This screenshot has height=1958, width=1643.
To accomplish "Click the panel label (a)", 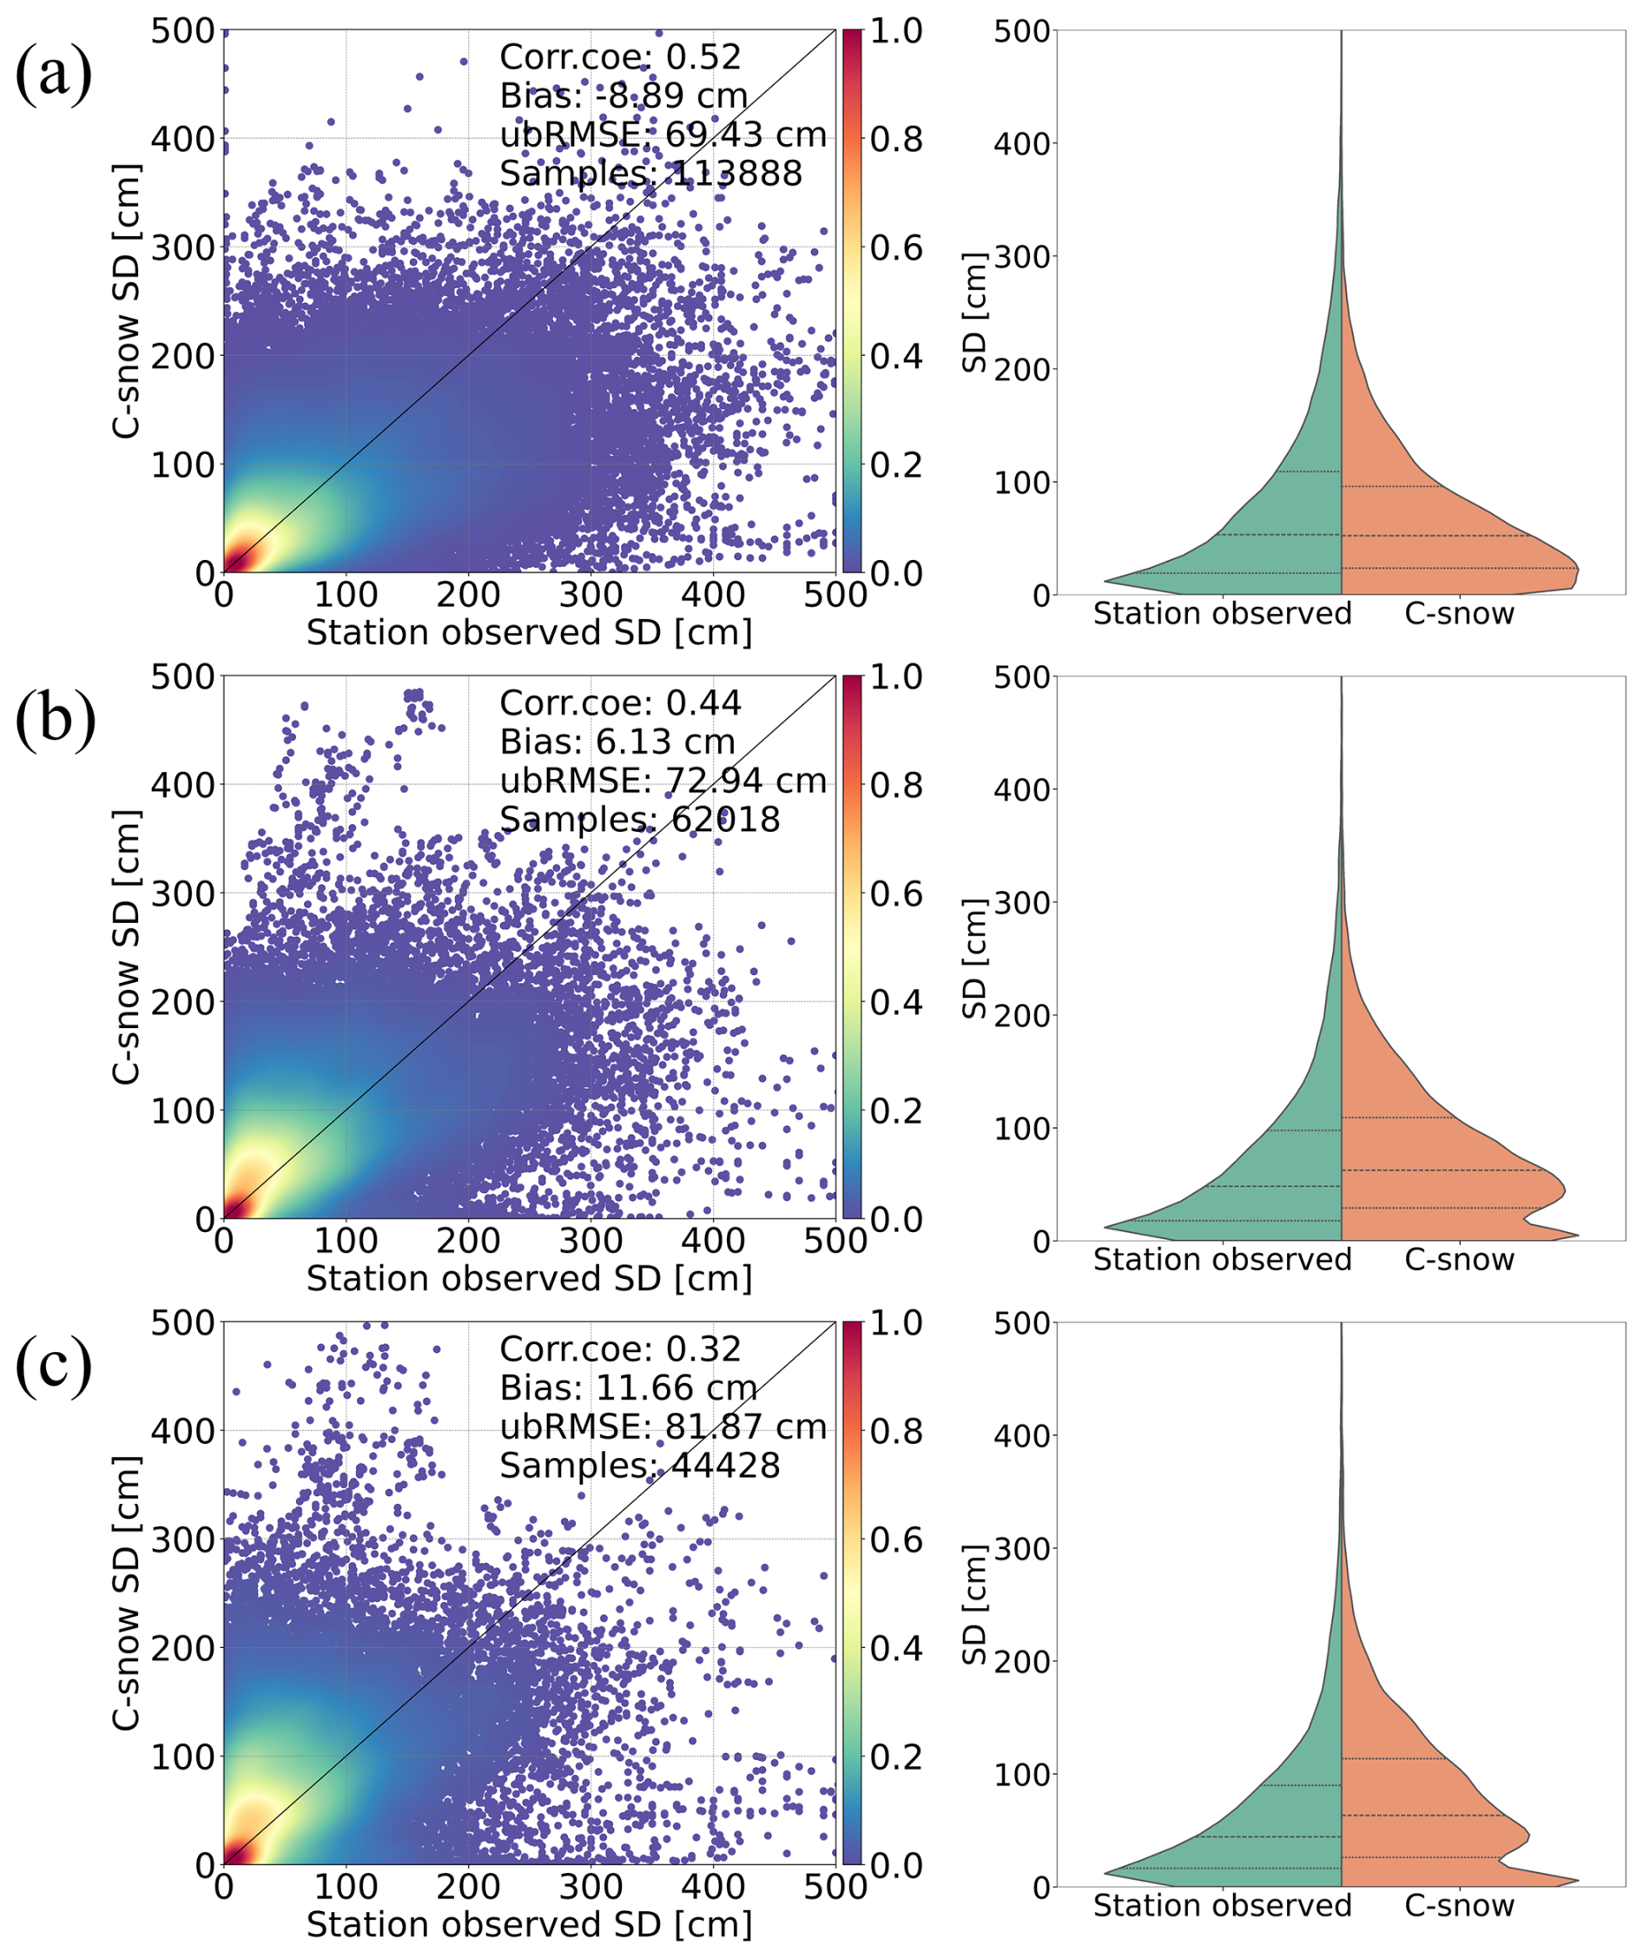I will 53,75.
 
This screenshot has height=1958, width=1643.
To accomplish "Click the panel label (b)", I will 55,720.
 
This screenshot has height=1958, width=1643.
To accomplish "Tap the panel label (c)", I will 53,1365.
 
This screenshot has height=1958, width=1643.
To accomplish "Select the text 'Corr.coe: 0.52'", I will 620,57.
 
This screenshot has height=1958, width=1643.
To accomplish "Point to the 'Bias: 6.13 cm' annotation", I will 617,742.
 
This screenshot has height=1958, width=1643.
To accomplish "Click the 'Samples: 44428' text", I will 640,1466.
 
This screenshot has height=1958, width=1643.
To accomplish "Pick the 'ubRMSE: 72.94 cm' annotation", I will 663,781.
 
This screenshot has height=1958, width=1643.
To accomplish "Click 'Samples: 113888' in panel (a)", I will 650,174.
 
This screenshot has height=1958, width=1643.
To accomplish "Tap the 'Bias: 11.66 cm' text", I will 628,1388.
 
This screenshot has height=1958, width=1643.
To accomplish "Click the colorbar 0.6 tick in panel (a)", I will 896,248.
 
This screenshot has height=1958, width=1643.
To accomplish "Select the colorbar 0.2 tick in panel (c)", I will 896,1757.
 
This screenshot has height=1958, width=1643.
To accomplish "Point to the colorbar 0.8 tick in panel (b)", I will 896,785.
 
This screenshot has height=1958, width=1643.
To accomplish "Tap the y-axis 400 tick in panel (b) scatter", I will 182,785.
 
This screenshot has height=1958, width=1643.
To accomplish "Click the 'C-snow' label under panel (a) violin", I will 1459,614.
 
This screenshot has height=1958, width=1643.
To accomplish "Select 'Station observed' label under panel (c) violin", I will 1222,1906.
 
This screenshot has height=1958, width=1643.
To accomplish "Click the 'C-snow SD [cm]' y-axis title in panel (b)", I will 126,947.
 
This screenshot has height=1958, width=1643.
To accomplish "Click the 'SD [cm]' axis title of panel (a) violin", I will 974,313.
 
